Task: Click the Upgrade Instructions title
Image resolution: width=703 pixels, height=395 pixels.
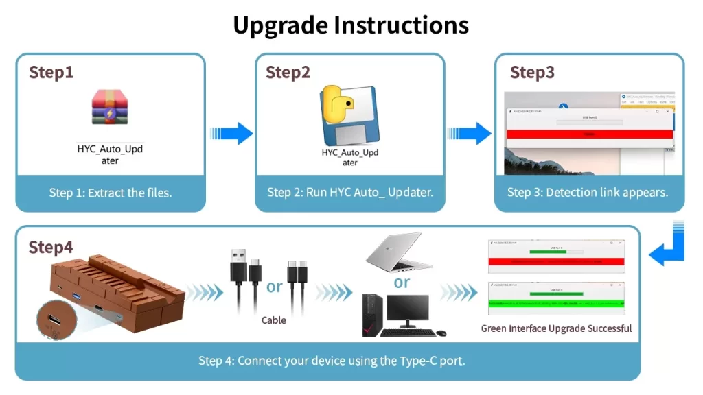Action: pyautogui.click(x=351, y=25)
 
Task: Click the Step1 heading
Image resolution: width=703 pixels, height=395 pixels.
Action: pyautogui.click(x=51, y=72)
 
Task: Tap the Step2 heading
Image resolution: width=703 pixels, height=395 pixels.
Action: pyautogui.click(x=288, y=72)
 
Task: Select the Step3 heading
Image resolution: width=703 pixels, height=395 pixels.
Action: pyautogui.click(x=532, y=72)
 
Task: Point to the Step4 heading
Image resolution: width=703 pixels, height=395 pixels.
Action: pyautogui.click(x=51, y=247)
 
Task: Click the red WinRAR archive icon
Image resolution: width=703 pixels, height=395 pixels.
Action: pyautogui.click(x=110, y=107)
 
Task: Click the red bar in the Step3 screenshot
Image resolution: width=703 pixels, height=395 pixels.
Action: pyautogui.click(x=589, y=134)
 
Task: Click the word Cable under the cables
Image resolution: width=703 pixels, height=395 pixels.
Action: pyautogui.click(x=274, y=320)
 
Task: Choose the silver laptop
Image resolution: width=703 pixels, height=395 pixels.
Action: pyautogui.click(x=398, y=251)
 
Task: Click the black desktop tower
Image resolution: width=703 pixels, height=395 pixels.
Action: pyautogui.click(x=371, y=315)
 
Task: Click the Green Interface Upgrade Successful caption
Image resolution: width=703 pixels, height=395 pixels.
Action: pyautogui.click(x=556, y=328)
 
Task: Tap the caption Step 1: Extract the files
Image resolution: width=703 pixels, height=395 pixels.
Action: pyautogui.click(x=111, y=193)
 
